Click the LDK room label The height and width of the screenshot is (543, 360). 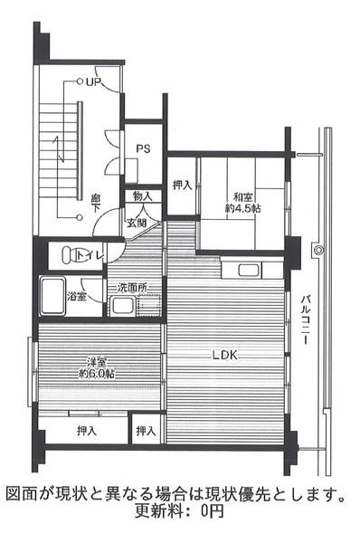tap(224, 355)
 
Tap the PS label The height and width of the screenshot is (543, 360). tap(143, 148)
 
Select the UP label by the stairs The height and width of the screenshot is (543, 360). tap(93, 82)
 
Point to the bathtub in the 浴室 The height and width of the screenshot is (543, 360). tap(52, 296)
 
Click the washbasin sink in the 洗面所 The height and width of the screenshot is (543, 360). tap(122, 306)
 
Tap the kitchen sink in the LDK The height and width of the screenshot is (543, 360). tap(248, 270)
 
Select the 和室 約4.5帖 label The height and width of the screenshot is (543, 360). tap(242, 203)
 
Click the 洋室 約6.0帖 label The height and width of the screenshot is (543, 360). tap(97, 367)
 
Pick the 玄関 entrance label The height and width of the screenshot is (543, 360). tap(136, 223)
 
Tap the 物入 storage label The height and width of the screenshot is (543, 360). tap(143, 196)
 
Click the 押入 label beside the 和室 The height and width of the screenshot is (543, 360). tap(182, 186)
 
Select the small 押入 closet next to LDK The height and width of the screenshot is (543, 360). tap(146, 431)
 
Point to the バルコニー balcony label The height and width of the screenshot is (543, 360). tap(304, 319)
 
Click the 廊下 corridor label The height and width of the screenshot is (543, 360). tap(96, 203)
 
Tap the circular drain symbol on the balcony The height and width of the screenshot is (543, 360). tap(318, 250)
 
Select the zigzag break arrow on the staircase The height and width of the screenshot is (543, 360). tap(59, 149)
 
